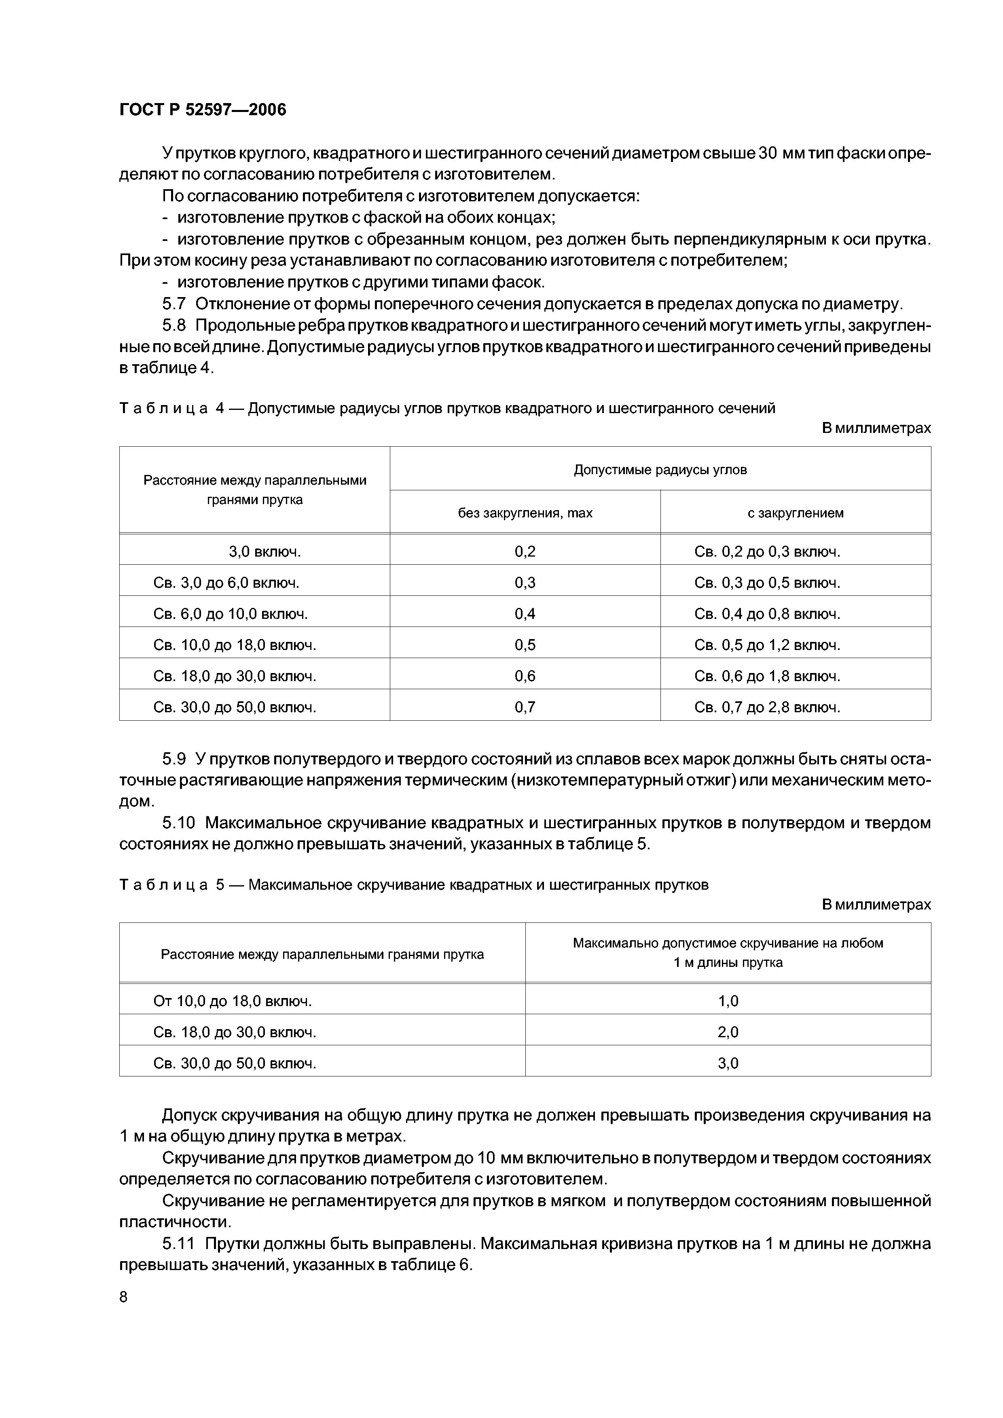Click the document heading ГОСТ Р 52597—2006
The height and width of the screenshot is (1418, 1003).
[x=203, y=110]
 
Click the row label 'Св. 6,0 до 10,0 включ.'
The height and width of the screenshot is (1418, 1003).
[x=231, y=614]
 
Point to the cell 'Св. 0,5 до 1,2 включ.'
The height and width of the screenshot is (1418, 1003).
[x=767, y=645]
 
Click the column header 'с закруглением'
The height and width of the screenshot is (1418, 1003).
[x=796, y=513]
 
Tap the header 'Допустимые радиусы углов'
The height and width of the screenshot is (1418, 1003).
[x=660, y=469]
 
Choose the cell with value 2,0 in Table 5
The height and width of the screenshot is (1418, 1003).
[x=728, y=1032]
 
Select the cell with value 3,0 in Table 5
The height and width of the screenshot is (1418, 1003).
[x=728, y=1063]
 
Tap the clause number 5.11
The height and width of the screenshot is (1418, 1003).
[x=179, y=1243]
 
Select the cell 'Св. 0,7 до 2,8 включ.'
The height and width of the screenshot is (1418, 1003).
[x=767, y=707]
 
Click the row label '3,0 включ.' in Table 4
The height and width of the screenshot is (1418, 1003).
[x=265, y=551]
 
